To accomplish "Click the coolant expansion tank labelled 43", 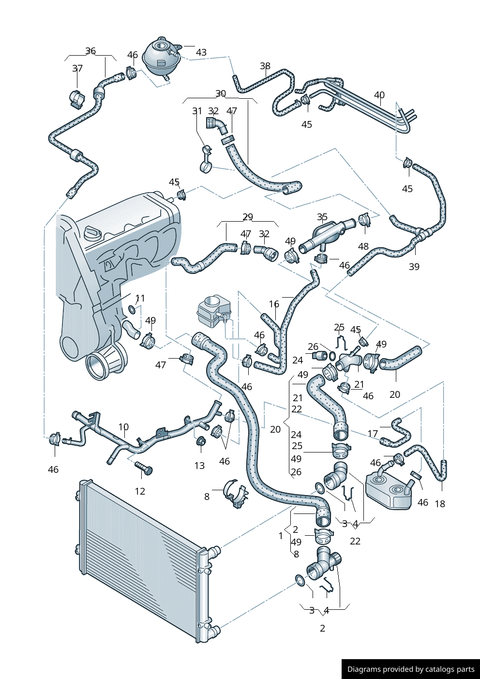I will tap(161, 57).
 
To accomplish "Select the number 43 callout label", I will tap(201, 52).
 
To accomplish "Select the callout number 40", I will tap(379, 95).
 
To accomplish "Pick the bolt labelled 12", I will tap(143, 468).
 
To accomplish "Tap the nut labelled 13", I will tap(200, 441).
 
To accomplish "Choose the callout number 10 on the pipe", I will tap(123, 427).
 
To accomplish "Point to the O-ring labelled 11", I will tap(132, 309).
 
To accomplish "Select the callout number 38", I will tap(265, 66).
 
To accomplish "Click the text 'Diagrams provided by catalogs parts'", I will tap(411, 669).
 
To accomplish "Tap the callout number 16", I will tap(274, 304).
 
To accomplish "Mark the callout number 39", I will tap(414, 267).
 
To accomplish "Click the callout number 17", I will tap(373, 434).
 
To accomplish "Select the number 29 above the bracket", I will tap(248, 217).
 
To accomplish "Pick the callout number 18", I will tap(440, 504).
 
